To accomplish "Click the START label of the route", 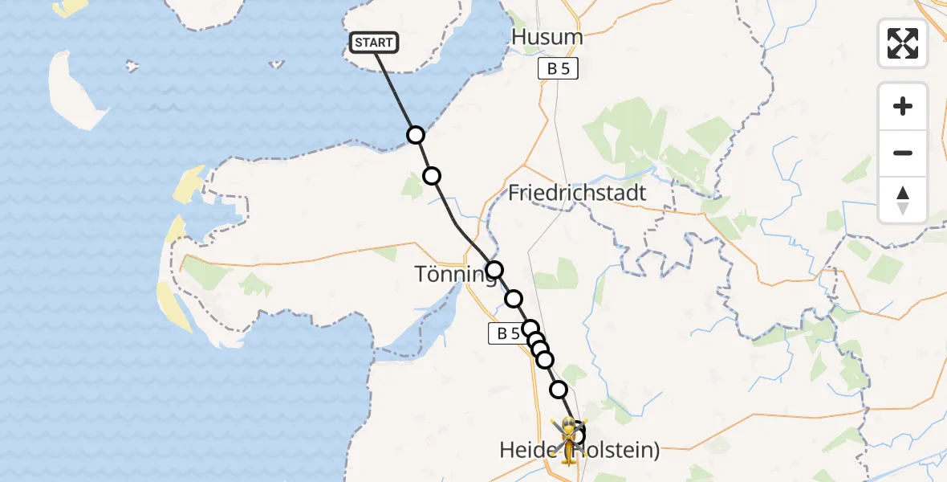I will tap(374, 43).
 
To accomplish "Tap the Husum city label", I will tap(547, 37).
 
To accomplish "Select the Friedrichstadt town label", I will tap(577, 194).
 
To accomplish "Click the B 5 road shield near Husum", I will tap(558, 69).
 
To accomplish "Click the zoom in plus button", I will tap(903, 106).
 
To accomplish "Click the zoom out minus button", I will tap(903, 153).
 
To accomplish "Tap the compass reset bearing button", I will tap(903, 200).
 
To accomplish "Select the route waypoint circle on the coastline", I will tap(415, 135).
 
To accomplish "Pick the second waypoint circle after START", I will tap(432, 176).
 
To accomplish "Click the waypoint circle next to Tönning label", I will tap(494, 270).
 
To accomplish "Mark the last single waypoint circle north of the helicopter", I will tap(559, 390).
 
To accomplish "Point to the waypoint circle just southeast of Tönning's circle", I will tap(513, 299).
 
